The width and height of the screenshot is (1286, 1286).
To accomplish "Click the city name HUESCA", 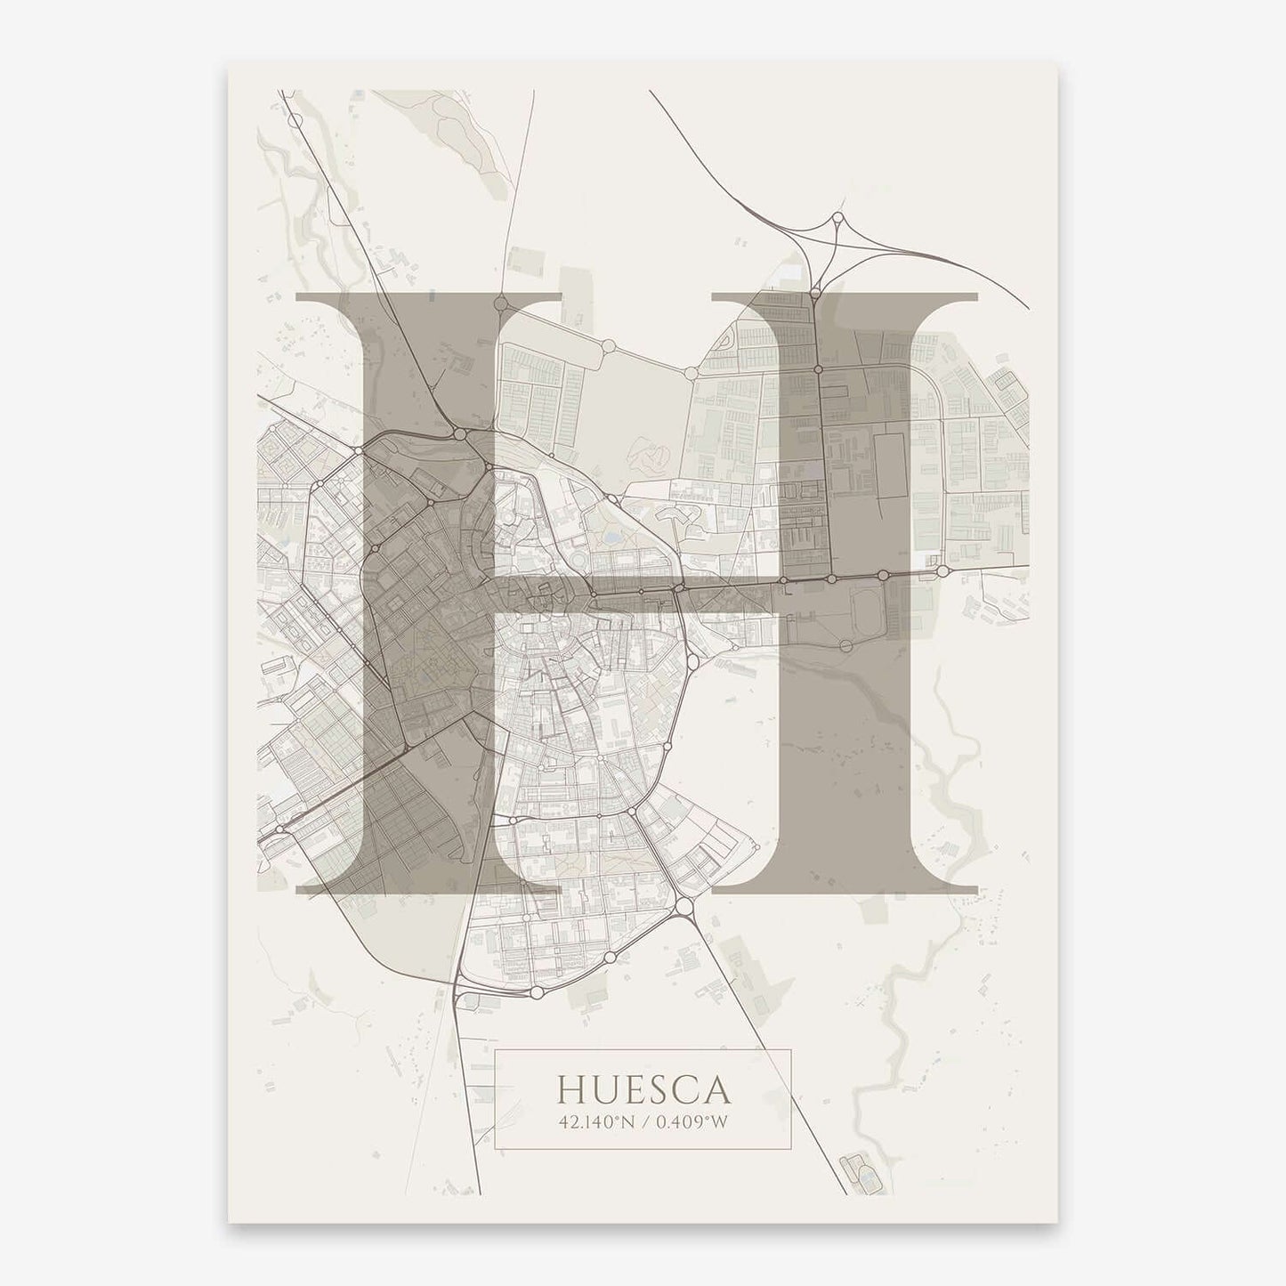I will tap(643, 1088).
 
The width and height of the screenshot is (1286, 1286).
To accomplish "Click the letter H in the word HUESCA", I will tap(570, 1088).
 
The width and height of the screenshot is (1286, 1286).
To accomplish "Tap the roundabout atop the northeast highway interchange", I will tap(837, 217).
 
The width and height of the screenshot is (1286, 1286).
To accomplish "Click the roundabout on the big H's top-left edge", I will tap(500, 303).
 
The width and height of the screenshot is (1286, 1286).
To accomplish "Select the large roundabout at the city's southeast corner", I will tap(683, 906).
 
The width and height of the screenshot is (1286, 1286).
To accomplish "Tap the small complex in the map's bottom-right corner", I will tap(858, 1167).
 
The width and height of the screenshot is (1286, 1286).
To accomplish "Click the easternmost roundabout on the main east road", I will tap(942, 570).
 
